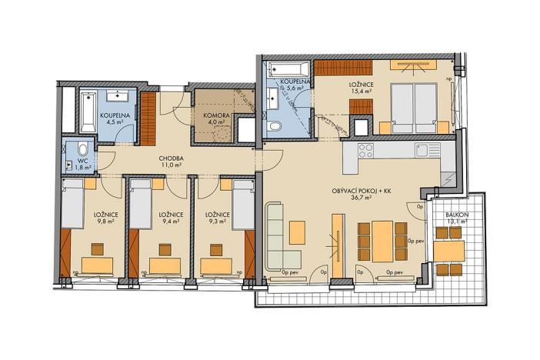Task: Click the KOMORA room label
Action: pos(213,115)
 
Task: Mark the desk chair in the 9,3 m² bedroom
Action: pos(228,248)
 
